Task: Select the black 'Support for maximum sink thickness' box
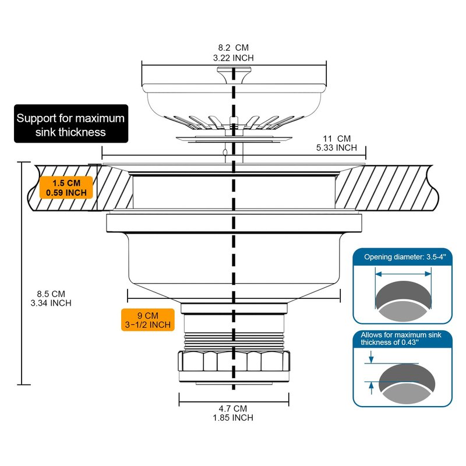coord(70,125)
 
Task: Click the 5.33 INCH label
coord(337,147)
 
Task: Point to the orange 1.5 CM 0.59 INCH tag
coord(66,186)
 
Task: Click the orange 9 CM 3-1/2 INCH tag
coord(148,319)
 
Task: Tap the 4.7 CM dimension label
coord(233,408)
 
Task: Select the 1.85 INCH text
coord(233,417)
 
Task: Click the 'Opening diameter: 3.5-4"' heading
coord(403,257)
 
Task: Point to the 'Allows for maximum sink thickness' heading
coord(403,338)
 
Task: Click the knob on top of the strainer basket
coord(234,73)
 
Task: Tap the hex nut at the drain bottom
coord(233,364)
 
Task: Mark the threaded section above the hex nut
coord(233,338)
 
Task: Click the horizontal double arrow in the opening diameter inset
coord(403,273)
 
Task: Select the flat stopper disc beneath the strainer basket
coord(234,137)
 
